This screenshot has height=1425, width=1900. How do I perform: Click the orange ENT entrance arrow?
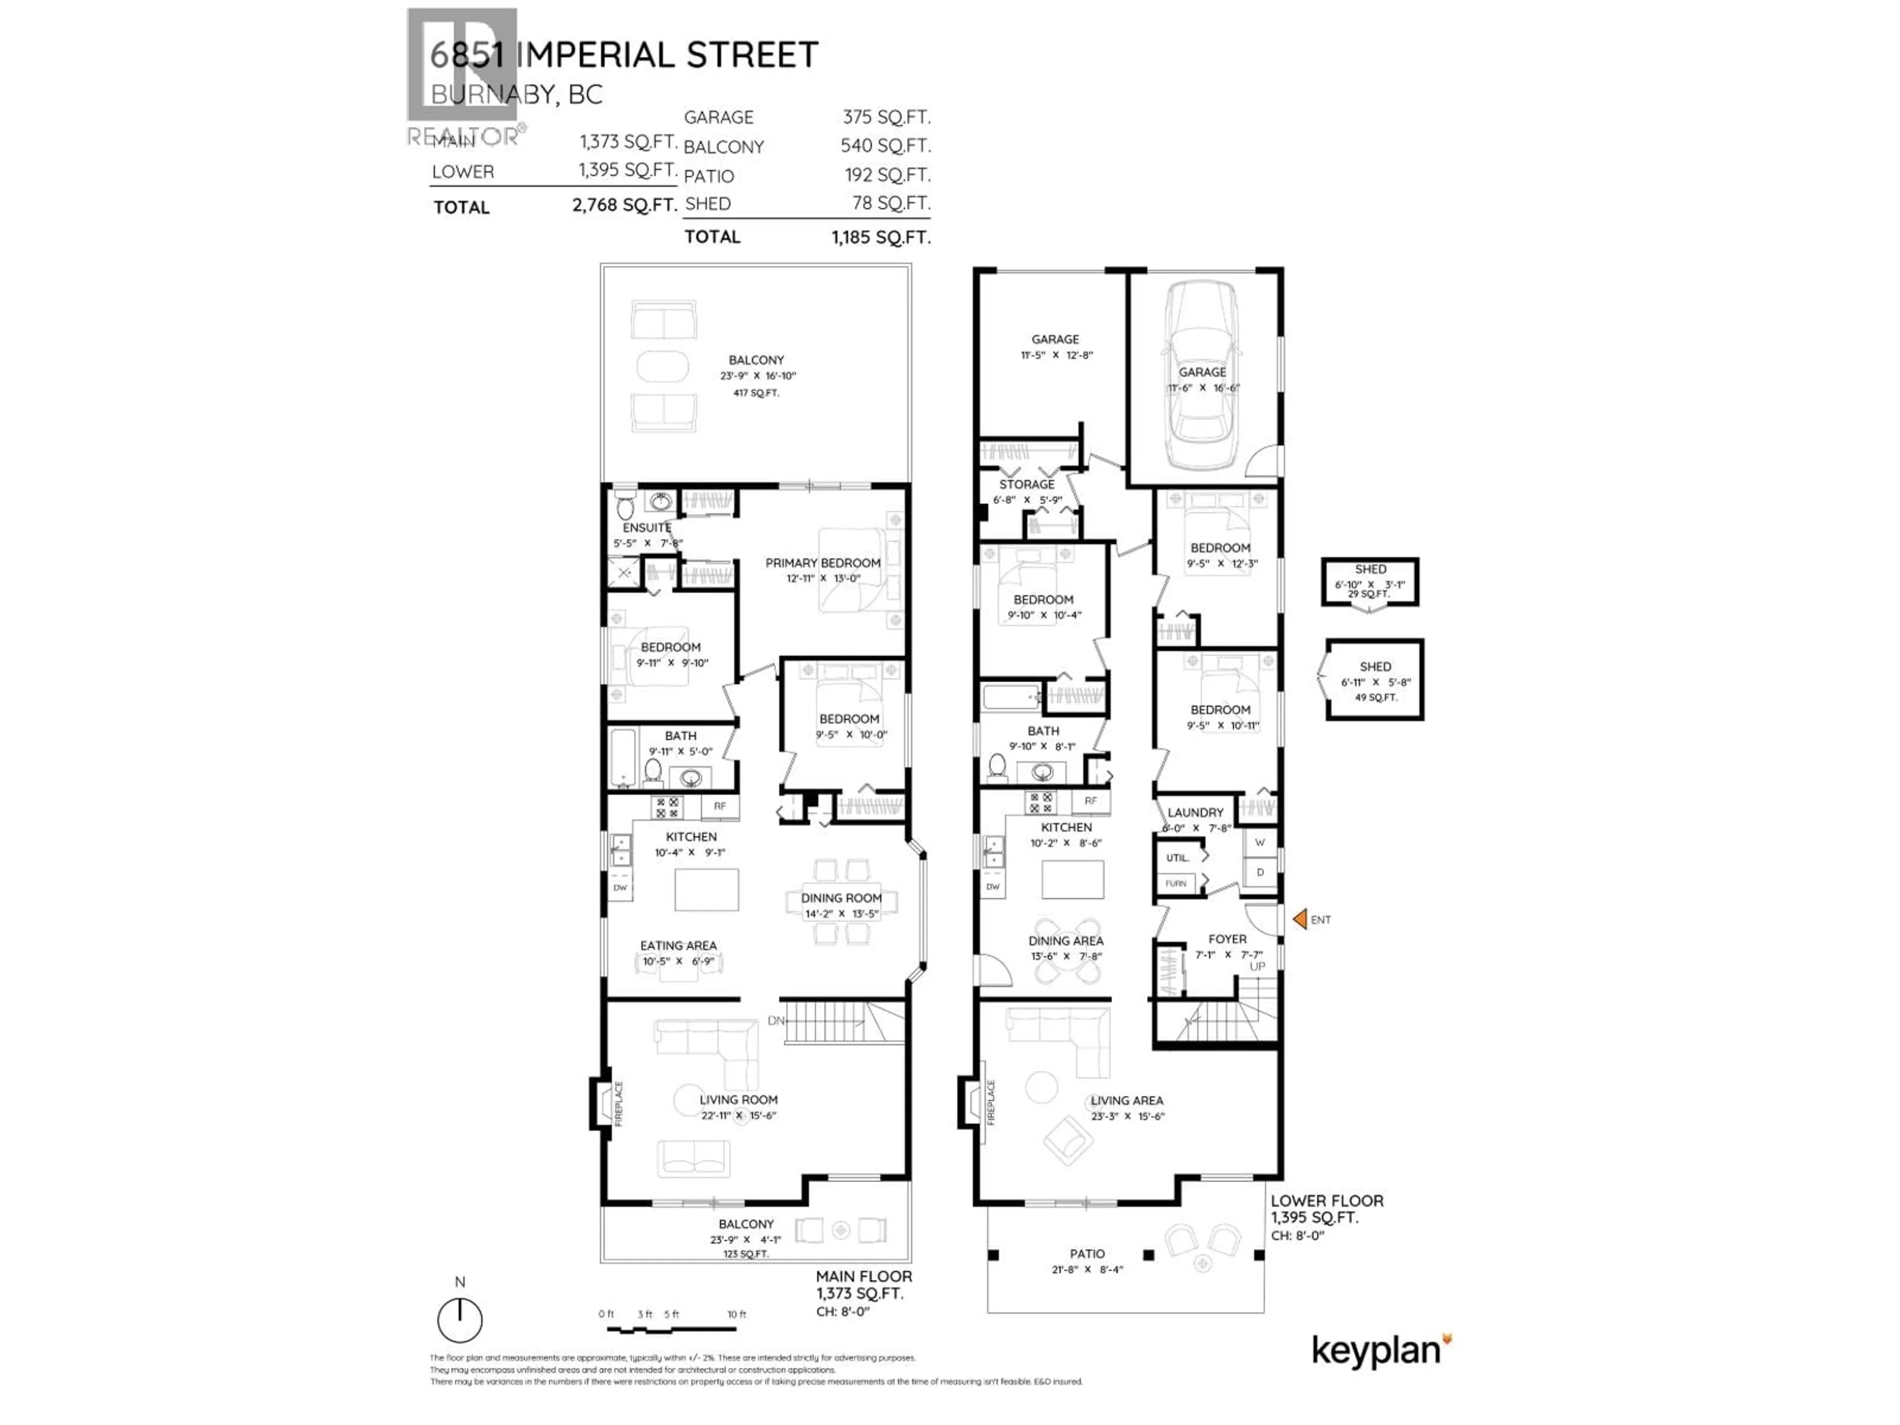pos(1300,919)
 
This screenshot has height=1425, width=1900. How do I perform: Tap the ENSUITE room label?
pos(647,527)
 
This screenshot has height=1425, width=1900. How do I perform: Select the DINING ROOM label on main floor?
pos(841,898)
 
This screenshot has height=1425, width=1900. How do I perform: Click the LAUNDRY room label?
pos(1195,812)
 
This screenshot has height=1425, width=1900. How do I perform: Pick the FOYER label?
pos(1227,939)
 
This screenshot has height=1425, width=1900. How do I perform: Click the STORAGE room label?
pos(1027,484)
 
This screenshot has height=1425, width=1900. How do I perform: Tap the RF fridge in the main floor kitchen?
pos(720,806)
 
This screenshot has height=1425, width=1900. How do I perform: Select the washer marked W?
pos(1259,843)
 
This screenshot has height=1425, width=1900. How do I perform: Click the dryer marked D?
pos(1259,872)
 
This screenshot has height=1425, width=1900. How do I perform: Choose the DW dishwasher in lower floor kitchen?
pos(993,887)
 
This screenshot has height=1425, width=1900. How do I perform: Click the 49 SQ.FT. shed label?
pos(1375,698)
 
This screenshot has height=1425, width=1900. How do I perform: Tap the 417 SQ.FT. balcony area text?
pos(756,392)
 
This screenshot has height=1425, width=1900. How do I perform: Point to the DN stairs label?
pos(776,1020)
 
